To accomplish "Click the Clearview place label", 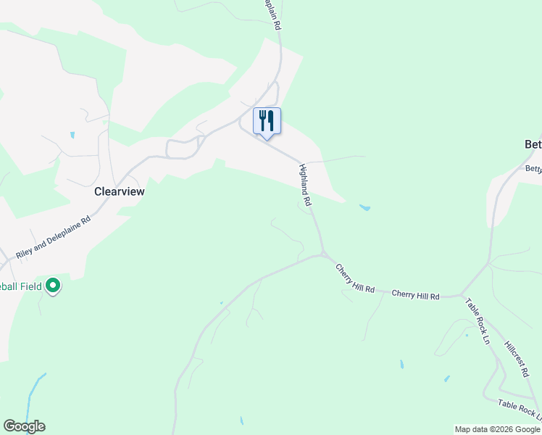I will pos(120,192).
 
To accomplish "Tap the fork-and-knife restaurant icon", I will pos(267,120).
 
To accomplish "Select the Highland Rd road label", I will pos(305,186).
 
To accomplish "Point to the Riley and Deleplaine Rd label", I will pos(54,237).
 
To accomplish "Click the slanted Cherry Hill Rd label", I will pos(354,278).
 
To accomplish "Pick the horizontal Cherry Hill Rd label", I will pos(415,296).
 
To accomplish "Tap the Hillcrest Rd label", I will pos(516,358).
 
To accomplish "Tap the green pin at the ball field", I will pos(53,286).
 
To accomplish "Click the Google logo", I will pos(24,426).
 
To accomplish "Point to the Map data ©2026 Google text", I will pos(497,429).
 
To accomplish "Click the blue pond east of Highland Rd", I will pos(364,208).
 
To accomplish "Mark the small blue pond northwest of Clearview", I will pos(72,135).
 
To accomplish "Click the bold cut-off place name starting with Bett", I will pos(532,144).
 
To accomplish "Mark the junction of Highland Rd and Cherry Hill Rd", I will pos(322,254).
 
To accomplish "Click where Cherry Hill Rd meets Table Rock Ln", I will pos(462,295).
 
